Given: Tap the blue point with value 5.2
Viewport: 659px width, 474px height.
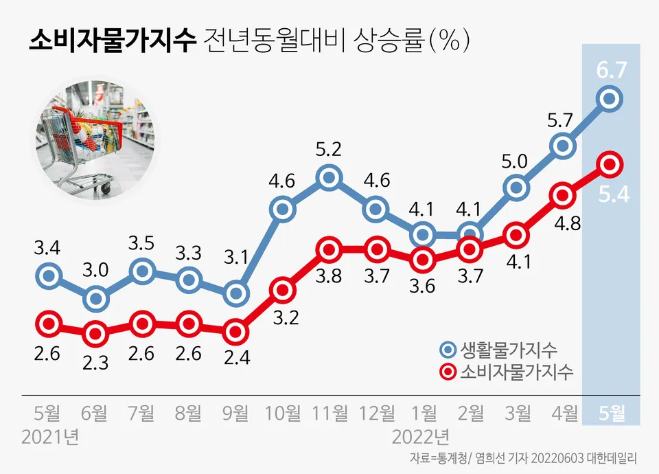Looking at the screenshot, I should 329,179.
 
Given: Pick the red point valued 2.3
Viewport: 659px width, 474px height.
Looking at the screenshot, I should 95,334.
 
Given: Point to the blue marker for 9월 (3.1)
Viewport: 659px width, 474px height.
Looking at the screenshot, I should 236,294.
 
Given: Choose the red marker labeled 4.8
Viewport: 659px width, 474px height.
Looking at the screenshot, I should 563,195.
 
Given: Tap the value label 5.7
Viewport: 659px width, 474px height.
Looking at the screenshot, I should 563,120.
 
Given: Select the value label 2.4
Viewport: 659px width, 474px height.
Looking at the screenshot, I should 236,358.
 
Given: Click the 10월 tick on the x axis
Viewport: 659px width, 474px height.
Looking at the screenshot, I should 283,413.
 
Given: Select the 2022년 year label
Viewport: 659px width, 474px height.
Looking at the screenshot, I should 421,437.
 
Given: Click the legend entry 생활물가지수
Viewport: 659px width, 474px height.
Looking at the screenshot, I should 509,350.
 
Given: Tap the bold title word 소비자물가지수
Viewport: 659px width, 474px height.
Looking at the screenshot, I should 113,42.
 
